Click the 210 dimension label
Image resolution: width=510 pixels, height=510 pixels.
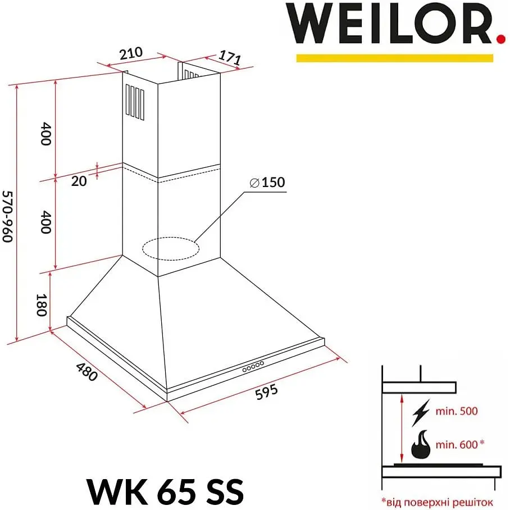131,54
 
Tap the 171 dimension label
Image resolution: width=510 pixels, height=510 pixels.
230,58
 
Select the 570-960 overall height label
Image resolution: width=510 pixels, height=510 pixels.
7,217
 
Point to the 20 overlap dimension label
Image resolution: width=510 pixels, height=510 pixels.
79,181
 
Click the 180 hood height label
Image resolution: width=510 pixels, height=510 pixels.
42,305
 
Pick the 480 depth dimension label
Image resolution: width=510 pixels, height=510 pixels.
86,372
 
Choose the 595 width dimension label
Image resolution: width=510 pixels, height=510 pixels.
266,391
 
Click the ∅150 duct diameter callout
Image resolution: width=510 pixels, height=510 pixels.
267,182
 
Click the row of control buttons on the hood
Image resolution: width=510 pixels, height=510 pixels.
253,366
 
